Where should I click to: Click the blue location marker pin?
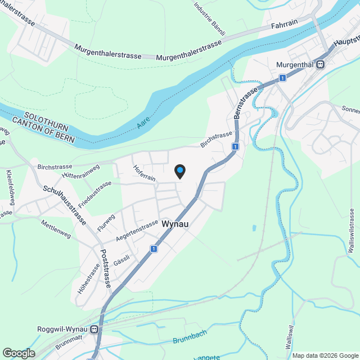click(179, 171)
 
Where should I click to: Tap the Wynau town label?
click(174, 224)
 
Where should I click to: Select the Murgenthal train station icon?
click(320, 65)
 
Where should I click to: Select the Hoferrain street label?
click(144, 172)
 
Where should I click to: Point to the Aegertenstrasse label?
click(137, 231)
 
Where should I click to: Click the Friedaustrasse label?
click(95, 191)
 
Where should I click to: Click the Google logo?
click(19, 353)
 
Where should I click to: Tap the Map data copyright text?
click(325, 355)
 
